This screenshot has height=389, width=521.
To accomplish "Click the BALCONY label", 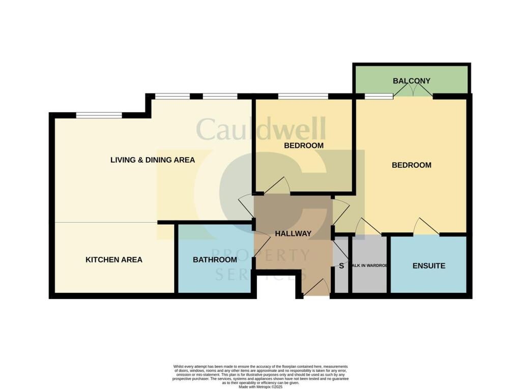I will click(x=412, y=81).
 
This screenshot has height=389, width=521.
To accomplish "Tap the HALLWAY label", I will click(x=293, y=233).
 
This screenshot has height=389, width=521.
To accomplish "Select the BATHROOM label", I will click(x=215, y=260).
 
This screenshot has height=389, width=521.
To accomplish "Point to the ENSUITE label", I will click(x=429, y=265).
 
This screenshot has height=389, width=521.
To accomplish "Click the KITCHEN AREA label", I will click(x=114, y=260).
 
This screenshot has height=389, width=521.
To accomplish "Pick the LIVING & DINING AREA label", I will click(x=153, y=160).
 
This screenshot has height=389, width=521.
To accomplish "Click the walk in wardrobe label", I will click(x=370, y=265).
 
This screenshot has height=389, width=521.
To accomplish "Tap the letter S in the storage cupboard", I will click(x=341, y=266).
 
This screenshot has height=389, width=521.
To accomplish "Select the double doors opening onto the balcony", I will click(x=413, y=90).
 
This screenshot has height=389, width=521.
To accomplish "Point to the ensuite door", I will click(x=426, y=227).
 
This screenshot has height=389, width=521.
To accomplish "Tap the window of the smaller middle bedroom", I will click(x=303, y=96).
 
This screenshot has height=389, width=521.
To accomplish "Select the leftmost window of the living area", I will click(x=99, y=115).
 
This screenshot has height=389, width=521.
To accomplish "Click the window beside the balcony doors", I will click(x=379, y=96).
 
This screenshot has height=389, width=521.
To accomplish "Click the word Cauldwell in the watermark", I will click(x=260, y=130).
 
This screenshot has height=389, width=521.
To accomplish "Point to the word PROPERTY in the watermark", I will click(x=260, y=254).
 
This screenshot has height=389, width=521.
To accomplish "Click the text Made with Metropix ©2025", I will click(x=260, y=387).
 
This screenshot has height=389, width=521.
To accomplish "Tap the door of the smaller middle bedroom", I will click(x=277, y=186).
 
